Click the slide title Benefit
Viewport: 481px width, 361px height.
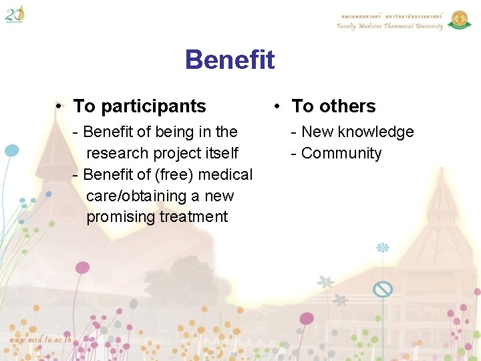[x=230, y=59]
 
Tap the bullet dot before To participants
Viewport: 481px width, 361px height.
[x=60, y=106]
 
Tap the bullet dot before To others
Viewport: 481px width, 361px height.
[x=279, y=106]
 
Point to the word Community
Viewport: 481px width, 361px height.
[x=341, y=153]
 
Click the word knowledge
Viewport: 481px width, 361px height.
[x=376, y=132]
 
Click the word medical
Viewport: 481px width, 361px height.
[x=227, y=174]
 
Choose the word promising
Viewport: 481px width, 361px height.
[x=121, y=217]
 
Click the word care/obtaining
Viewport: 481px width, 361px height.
[x=134, y=196]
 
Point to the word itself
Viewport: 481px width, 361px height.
[x=220, y=153]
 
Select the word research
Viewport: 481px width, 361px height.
[x=118, y=153]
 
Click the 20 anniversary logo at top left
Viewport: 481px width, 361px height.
[x=15, y=13]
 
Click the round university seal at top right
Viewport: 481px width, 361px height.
[x=459, y=19]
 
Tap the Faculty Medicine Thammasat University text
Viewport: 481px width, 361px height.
[x=389, y=27]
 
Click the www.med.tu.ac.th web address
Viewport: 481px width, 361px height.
[x=41, y=339]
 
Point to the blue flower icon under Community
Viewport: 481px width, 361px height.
[x=383, y=248]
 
